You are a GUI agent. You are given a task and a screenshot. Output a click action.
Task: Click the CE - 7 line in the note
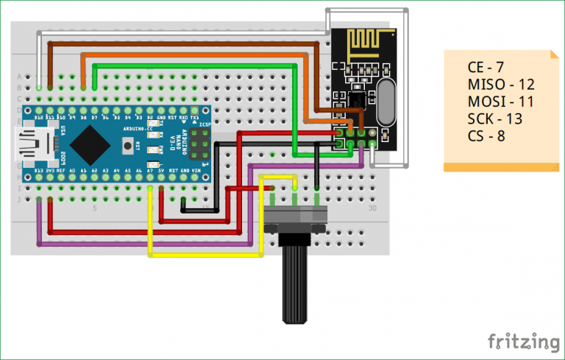[x=486, y=68]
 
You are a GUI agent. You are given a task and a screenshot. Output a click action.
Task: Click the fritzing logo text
[x=523, y=342]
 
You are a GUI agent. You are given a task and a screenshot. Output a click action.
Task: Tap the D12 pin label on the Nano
[x=39, y=117]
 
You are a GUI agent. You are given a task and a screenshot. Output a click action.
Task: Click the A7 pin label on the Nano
[x=150, y=170]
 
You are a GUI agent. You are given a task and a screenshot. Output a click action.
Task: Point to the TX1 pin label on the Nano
[x=194, y=117]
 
